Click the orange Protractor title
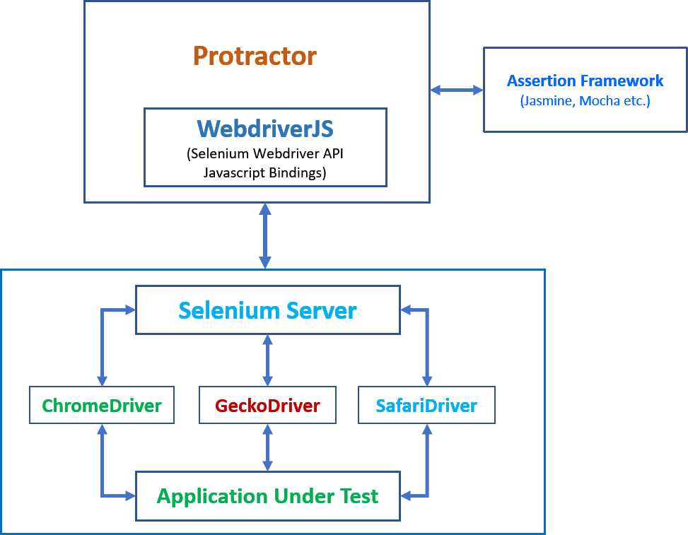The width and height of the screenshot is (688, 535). [x=255, y=56]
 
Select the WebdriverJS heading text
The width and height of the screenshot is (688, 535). [x=265, y=129]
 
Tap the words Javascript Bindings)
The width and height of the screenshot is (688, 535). [x=265, y=172]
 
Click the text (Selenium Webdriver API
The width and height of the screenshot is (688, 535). [x=265, y=153]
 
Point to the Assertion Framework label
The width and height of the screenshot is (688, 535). [x=585, y=81]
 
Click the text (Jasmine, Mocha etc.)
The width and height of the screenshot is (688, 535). [x=585, y=101]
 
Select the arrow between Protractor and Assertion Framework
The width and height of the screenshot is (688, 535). [x=457, y=90]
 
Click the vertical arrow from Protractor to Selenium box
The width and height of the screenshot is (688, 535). [x=265, y=235]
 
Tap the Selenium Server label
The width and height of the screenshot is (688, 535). [x=267, y=310]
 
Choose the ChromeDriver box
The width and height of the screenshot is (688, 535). [x=102, y=406]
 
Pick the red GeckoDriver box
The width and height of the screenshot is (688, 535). [x=267, y=406]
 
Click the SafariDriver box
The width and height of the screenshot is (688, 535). [x=426, y=406]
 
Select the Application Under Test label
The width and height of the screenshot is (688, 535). [x=267, y=496]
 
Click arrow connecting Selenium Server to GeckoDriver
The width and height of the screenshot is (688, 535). [x=267, y=360]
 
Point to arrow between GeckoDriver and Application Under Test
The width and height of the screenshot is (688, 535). [x=267, y=447]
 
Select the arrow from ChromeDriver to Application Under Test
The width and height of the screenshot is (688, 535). [x=103, y=466]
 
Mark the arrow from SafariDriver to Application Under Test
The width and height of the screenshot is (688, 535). [x=426, y=466]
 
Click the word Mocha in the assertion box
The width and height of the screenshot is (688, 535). [x=598, y=101]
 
